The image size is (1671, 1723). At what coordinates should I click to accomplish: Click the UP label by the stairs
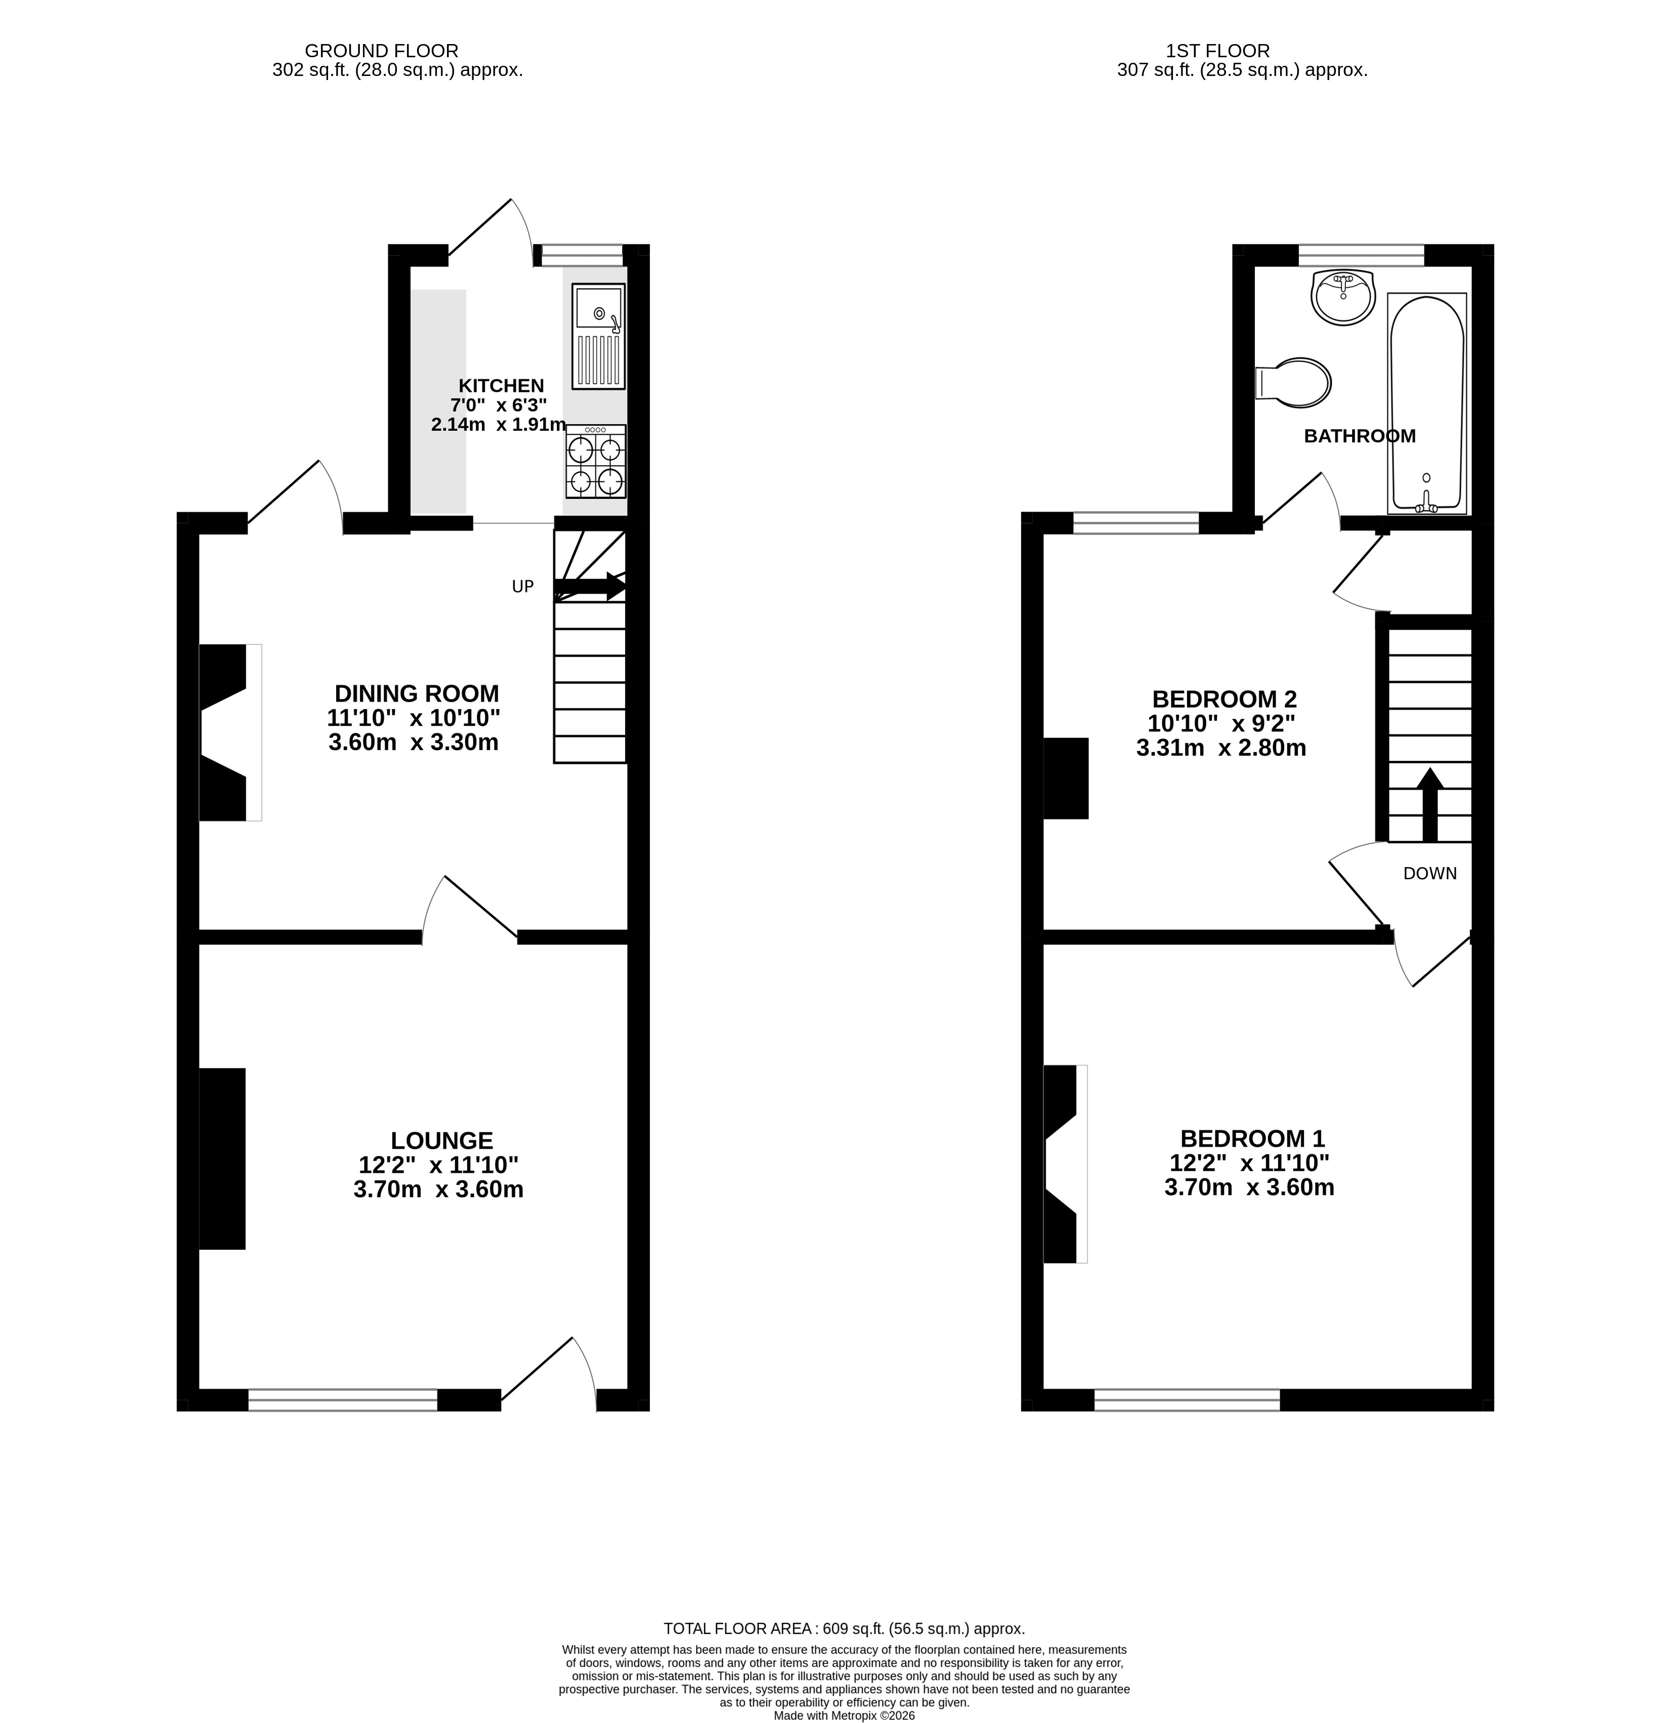522,586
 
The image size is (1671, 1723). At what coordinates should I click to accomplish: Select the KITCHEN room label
501,386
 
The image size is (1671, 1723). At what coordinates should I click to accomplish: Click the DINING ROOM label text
417,693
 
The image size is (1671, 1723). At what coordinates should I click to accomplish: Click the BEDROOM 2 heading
1224,700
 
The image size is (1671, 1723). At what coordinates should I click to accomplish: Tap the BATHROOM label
1359,436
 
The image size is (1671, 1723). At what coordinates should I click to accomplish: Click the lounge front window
343,1401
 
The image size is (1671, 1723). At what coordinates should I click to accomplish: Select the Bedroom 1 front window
1187,1401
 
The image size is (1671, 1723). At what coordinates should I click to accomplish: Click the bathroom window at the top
1361,255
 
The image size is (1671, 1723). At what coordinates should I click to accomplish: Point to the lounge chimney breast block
222,1159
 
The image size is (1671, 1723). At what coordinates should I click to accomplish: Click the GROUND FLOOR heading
382,51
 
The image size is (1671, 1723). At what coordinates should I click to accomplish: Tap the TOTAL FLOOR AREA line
844,1628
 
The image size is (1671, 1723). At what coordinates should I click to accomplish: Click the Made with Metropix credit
844,1715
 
